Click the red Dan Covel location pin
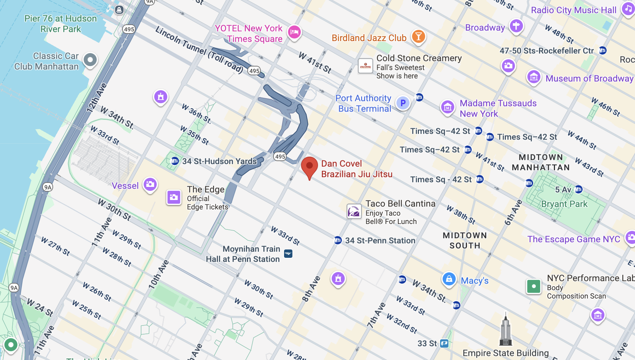pos(309,167)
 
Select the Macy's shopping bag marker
pos(449,279)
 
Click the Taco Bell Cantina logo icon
pos(354,211)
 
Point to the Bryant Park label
pos(564,204)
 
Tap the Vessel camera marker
pos(150,184)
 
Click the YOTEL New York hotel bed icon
pos(294,32)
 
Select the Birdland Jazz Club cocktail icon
pos(418,36)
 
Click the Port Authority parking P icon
pos(403,103)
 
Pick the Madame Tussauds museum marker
pos(447,107)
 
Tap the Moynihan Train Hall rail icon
pos(288,253)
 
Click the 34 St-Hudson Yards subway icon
pos(175,161)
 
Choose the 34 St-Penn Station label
pos(380,240)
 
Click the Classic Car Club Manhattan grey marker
pos(90,60)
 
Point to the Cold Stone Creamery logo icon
pos(366,66)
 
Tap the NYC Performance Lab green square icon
pos(534,287)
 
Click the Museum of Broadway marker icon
pos(534,77)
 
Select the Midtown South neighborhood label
pos(464,240)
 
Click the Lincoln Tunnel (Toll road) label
pos(199,50)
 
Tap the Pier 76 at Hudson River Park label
pos(61,24)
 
